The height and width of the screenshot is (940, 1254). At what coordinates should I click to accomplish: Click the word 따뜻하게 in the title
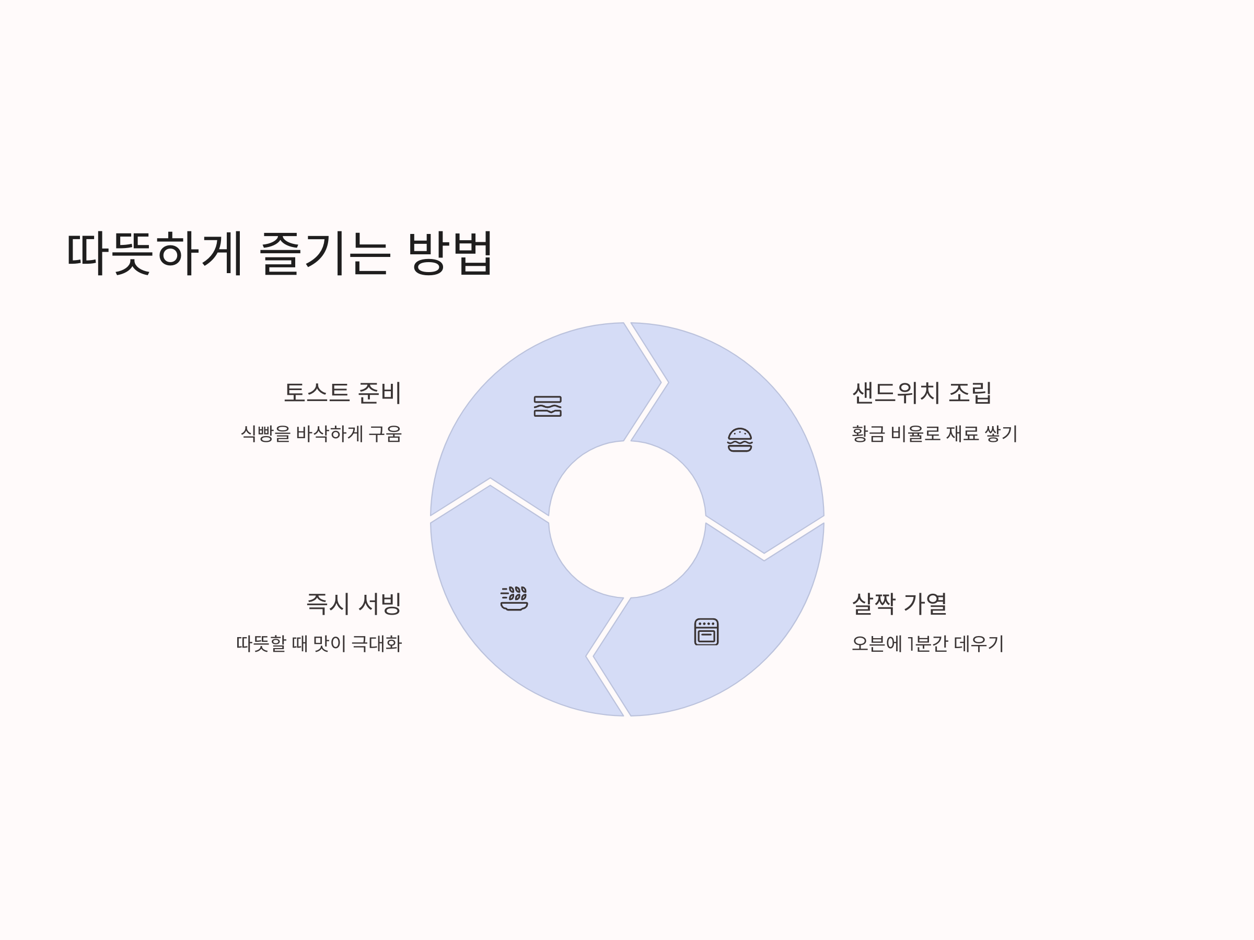pyautogui.click(x=154, y=253)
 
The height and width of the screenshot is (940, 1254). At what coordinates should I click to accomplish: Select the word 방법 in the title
pyautogui.click(x=449, y=253)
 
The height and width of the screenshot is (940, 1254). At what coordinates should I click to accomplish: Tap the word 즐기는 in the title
pyautogui.click(x=324, y=253)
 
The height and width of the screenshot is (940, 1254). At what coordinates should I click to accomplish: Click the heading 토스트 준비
pyautogui.click(x=342, y=393)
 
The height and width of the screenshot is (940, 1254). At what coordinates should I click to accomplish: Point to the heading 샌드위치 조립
pyautogui.click(x=922, y=393)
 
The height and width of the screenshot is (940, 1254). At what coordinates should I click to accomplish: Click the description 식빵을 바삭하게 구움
pyautogui.click(x=321, y=434)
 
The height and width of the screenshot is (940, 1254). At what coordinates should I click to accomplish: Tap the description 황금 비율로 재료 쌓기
pyautogui.click(x=934, y=434)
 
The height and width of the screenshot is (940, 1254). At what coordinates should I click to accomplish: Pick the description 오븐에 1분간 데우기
pyautogui.click(x=927, y=644)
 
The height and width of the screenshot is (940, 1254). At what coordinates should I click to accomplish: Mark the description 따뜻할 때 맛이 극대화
pyautogui.click(x=319, y=644)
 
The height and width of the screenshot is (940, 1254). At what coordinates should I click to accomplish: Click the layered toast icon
pyautogui.click(x=548, y=406)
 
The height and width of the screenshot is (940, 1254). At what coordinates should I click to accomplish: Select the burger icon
pyautogui.click(x=740, y=440)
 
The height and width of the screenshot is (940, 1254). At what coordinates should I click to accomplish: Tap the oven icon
pyautogui.click(x=706, y=632)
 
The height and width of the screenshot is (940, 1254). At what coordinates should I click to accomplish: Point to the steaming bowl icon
pyautogui.click(x=514, y=598)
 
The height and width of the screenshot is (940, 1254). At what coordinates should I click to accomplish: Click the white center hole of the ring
pyautogui.click(x=627, y=519)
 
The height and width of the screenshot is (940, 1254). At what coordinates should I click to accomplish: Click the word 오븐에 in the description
pyautogui.click(x=876, y=644)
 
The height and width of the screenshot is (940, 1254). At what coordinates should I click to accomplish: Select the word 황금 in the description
pyautogui.click(x=868, y=434)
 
